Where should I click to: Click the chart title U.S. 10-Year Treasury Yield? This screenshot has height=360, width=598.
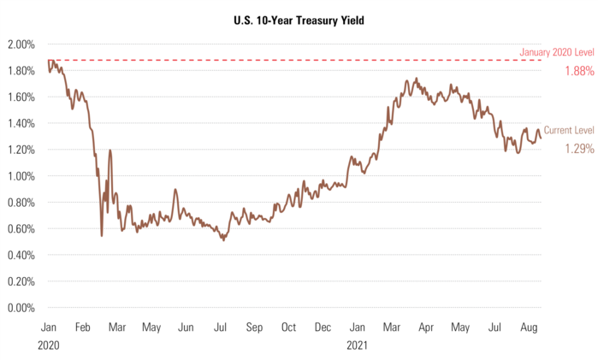coord(299,18)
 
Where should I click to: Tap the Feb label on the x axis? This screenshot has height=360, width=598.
coord(83,328)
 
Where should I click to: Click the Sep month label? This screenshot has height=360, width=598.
coord(254,328)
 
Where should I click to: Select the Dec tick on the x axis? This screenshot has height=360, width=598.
coord(323,328)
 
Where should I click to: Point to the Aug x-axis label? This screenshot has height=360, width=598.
coord(530,328)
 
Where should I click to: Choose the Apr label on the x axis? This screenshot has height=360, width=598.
coord(426,328)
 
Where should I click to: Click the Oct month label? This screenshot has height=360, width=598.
coord(288,328)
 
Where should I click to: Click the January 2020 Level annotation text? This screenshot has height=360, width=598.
coord(556,53)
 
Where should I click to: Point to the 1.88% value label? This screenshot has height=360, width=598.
coord(579,71)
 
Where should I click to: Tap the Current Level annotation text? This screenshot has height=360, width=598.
coord(569,130)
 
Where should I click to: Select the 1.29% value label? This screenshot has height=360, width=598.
coord(579,148)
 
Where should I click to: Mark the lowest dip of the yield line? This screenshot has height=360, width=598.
coord(101,235)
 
